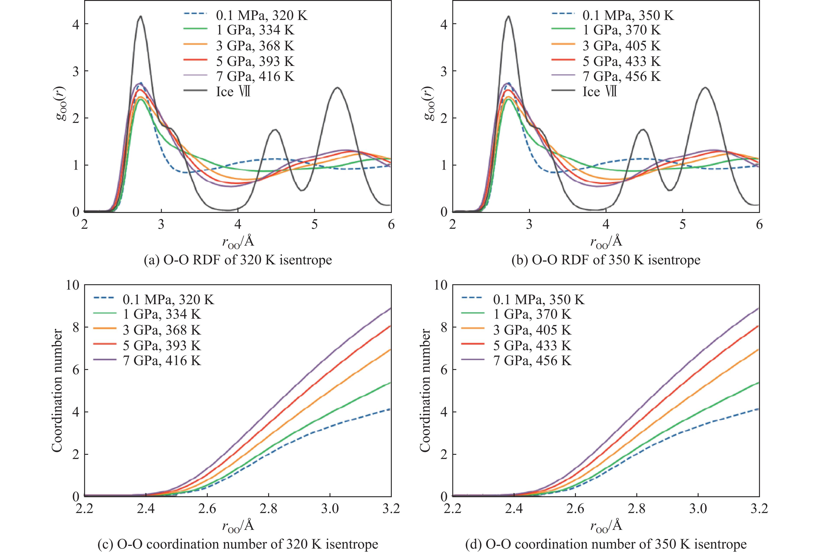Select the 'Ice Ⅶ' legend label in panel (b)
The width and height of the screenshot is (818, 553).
pyautogui.click(x=599, y=92)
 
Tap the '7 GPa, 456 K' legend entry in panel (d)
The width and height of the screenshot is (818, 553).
pyautogui.click(x=532, y=361)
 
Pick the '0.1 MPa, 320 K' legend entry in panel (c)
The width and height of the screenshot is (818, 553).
pyautogui.click(x=168, y=300)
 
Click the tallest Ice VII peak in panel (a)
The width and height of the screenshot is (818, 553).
pyautogui.click(x=141, y=16)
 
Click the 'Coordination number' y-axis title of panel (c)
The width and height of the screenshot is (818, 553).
pyautogui.click(x=57, y=391)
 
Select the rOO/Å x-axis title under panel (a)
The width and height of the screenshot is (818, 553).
pyautogui.click(x=238, y=242)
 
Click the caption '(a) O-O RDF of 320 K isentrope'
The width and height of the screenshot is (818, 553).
pyautogui.click(x=238, y=260)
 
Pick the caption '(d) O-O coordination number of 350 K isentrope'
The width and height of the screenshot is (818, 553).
pyautogui.click(x=606, y=544)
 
